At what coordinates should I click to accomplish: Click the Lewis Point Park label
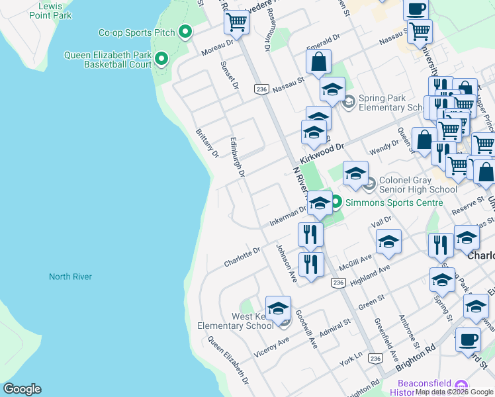[x=55, y=10]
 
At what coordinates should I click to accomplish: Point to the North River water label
[x=70, y=277]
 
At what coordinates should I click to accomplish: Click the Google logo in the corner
[x=22, y=389]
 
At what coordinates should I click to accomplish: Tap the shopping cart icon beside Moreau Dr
[x=236, y=22]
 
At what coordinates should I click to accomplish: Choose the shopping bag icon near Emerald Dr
[x=318, y=62]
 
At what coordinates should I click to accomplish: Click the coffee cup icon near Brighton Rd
[x=468, y=339]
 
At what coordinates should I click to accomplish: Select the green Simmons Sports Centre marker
[x=336, y=202]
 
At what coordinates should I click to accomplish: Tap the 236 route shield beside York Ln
[x=375, y=358]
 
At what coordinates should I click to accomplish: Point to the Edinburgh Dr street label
[x=238, y=158]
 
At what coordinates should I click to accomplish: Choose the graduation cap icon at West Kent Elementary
[x=278, y=308]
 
